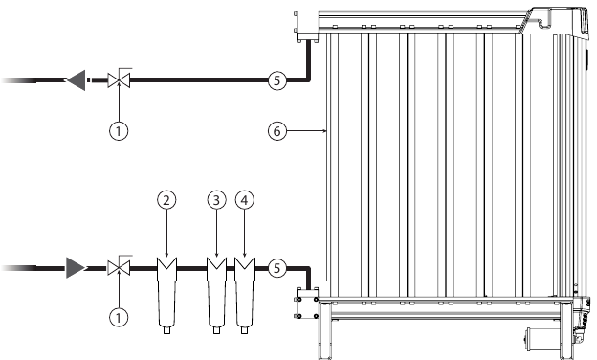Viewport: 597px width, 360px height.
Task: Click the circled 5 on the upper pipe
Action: coord(275,81)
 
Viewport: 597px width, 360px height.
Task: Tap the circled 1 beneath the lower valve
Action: coord(120,315)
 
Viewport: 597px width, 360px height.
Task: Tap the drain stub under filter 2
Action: coord(167,331)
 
